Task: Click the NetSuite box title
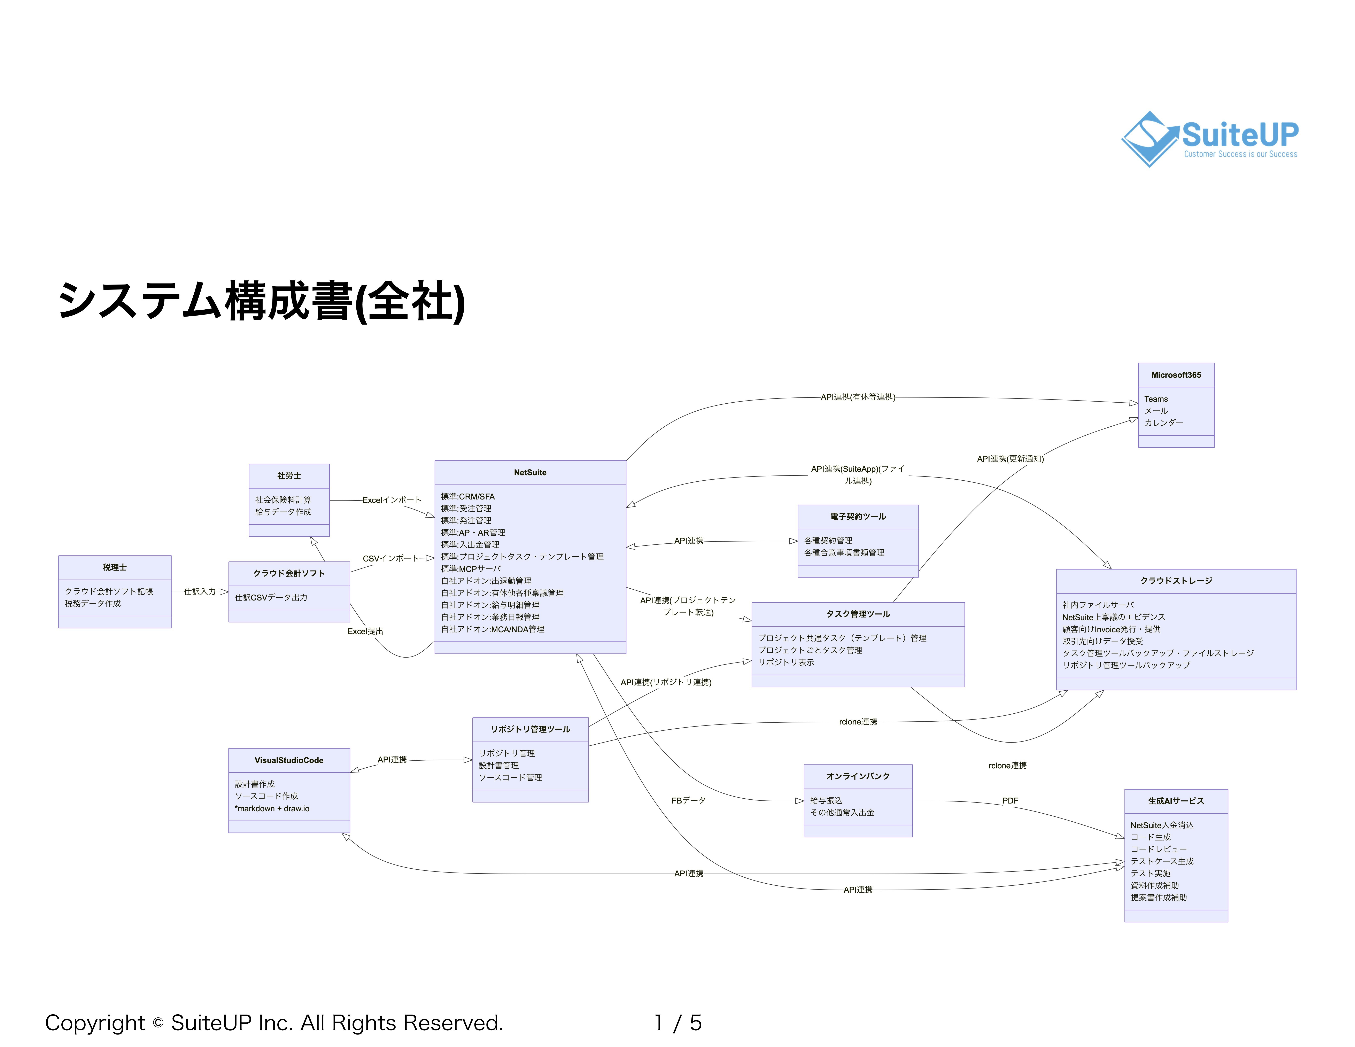tap(530, 473)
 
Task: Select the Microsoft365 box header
tap(1176, 375)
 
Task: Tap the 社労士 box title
tap(289, 476)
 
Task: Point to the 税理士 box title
tap(115, 568)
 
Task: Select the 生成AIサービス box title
tap(1176, 801)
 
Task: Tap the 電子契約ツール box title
tap(857, 517)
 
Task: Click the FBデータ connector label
tap(688, 801)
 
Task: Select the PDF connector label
tap(1010, 801)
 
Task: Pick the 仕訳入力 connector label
tap(200, 592)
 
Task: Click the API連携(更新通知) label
tap(1010, 459)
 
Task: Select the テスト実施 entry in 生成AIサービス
tap(1150, 873)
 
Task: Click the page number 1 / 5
tap(677, 1023)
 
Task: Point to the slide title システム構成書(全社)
tap(261, 302)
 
